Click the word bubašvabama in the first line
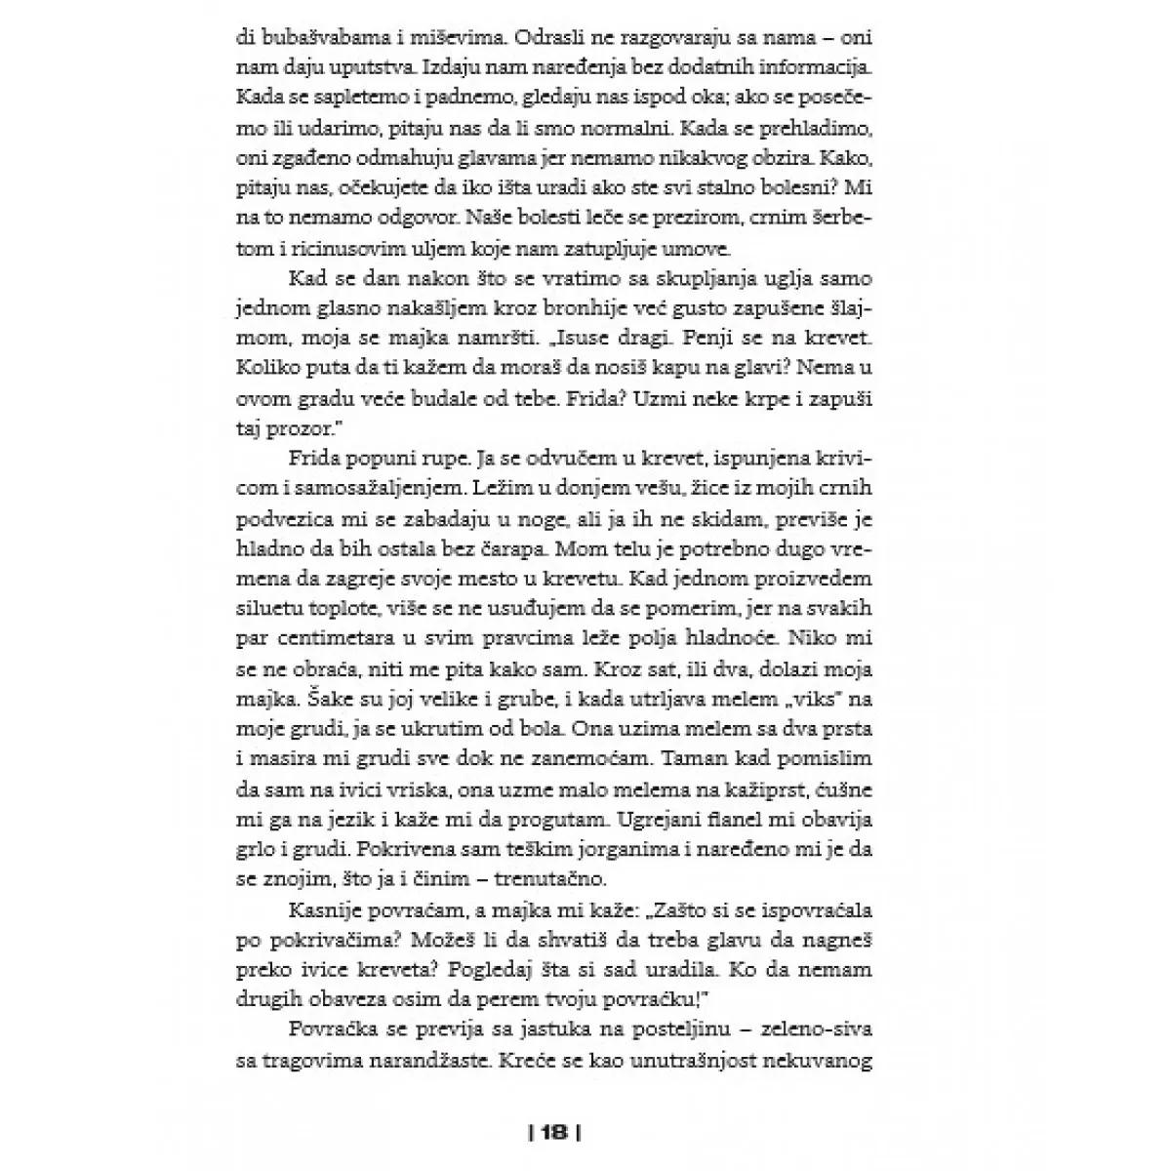[321, 40]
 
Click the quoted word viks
[795, 699]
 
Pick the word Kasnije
[329, 909]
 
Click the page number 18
[553, 1133]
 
